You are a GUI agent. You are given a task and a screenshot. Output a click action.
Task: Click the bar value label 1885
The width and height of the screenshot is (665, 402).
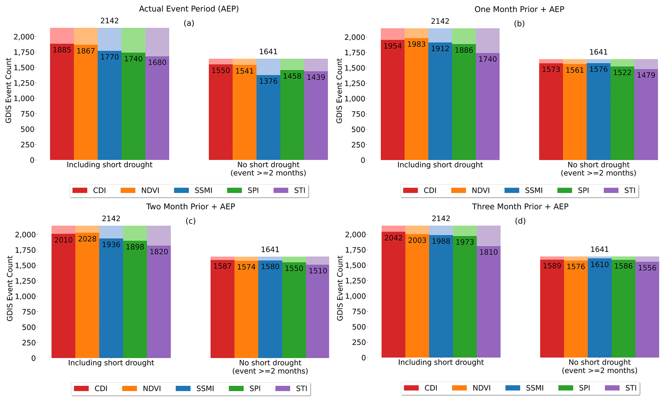pos(62,50)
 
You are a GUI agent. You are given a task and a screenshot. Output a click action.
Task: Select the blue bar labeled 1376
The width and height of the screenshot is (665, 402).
pos(268,119)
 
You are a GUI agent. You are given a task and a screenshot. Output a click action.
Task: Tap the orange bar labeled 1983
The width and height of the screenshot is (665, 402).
pos(416,100)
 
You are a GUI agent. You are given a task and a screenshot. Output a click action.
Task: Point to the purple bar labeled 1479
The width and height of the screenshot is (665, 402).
pos(646,116)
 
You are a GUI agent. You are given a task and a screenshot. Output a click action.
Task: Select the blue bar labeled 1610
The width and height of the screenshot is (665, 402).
pos(599,308)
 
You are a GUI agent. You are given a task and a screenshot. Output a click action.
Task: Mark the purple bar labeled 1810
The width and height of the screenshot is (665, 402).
pos(488,302)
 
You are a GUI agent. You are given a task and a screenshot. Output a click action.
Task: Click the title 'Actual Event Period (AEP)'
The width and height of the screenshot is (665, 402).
pos(189,9)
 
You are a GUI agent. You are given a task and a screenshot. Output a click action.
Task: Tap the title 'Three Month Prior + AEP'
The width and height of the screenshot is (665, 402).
pos(520,207)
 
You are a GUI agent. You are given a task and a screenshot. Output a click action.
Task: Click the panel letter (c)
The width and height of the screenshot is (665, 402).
pos(190,221)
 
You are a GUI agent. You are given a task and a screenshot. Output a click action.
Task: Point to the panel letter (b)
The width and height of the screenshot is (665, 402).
pos(519,24)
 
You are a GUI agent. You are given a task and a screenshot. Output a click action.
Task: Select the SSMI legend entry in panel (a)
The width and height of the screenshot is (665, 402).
pos(193,191)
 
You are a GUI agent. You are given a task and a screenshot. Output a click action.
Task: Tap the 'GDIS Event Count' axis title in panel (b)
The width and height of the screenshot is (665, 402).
pos(339,91)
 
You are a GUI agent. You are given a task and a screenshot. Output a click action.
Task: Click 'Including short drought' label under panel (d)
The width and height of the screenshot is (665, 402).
pos(441,362)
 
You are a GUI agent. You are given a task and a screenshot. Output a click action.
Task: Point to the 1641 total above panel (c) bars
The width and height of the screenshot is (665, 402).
pos(270,250)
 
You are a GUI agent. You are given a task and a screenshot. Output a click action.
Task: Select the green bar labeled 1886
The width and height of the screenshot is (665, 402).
pos(464,103)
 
